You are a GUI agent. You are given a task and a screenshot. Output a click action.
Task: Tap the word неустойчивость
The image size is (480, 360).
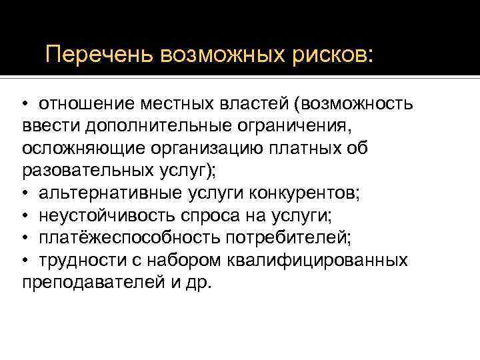(x=106, y=215)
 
